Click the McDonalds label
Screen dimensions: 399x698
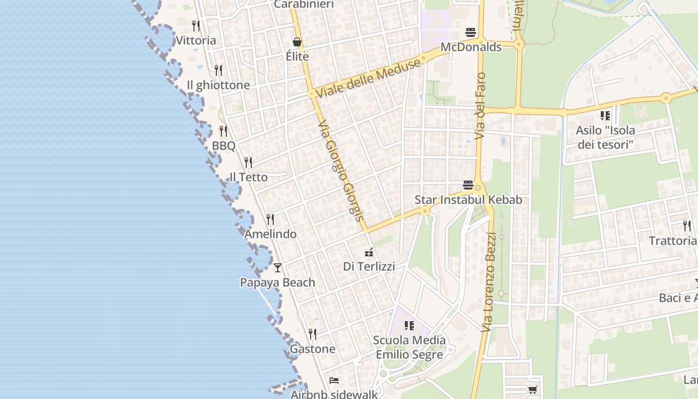pyautogui.click(x=471, y=47)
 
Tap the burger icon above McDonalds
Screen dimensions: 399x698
pyautogui.click(x=471, y=33)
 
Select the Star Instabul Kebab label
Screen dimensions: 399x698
pyautogui.click(x=468, y=200)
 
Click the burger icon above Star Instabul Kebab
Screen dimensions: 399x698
pyautogui.click(x=468, y=185)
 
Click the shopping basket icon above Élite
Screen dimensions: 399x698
pyautogui.click(x=297, y=42)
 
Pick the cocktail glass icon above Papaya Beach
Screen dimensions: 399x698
pyautogui.click(x=278, y=268)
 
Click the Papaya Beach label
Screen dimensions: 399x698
pyautogui.click(x=278, y=282)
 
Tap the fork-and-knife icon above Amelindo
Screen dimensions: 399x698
pyautogui.click(x=270, y=219)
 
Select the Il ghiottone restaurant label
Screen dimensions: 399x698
pyautogui.click(x=218, y=85)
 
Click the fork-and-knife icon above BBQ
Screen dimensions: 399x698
pyautogui.click(x=223, y=131)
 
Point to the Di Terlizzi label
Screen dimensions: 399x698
pyautogui.click(x=369, y=266)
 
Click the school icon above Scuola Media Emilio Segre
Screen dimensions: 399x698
pyautogui.click(x=409, y=326)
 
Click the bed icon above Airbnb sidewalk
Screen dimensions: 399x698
pyautogui.click(x=334, y=381)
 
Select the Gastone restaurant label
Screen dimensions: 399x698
pyautogui.click(x=313, y=349)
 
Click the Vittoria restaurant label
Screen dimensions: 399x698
pyautogui.click(x=196, y=40)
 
